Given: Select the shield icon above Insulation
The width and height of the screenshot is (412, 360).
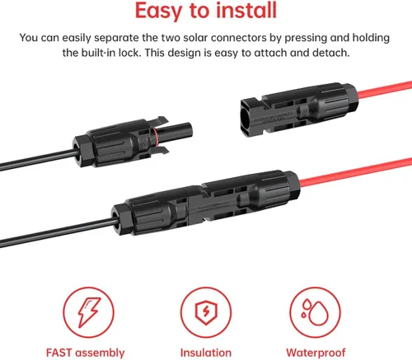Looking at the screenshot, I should point(205,309).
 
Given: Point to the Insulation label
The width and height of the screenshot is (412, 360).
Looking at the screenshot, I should point(205,353).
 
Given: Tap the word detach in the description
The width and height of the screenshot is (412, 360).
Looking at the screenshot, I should point(328,53).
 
